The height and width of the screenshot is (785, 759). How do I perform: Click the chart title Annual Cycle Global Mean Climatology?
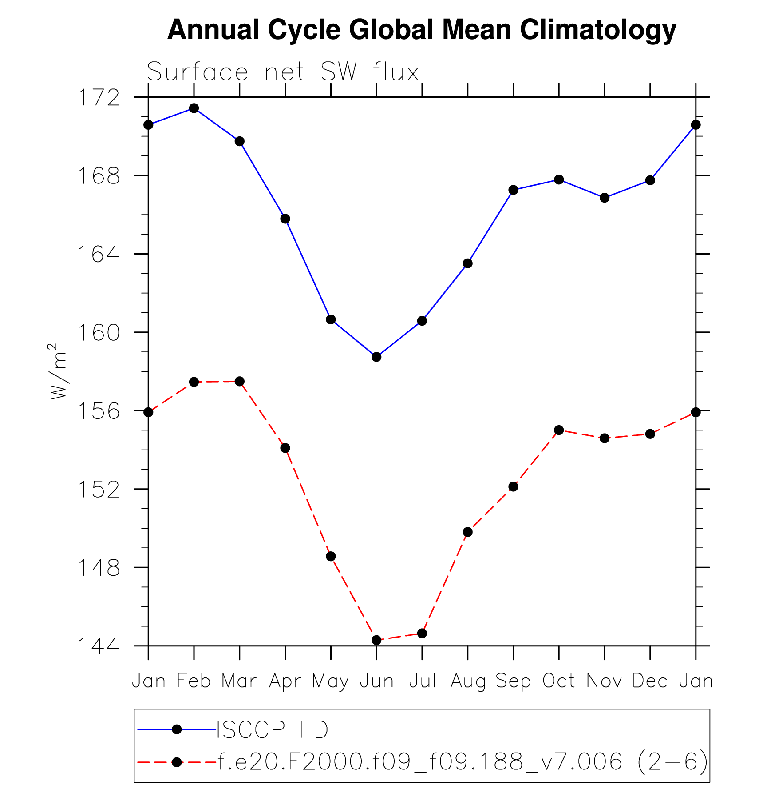tap(422, 30)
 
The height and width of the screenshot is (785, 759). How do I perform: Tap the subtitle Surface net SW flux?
tap(283, 72)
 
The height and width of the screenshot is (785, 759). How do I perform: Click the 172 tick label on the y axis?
tap(99, 98)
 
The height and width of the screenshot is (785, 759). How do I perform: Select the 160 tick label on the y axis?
tap(99, 333)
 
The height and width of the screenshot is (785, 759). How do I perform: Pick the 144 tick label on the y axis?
tap(99, 646)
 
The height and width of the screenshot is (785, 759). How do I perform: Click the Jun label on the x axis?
tap(376, 681)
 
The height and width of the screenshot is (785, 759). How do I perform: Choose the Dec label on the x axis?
tap(650, 681)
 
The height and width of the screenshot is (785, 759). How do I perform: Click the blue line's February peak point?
tap(194, 108)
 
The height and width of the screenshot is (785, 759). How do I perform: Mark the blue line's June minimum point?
tap(376, 357)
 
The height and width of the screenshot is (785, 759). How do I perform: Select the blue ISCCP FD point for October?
tap(559, 179)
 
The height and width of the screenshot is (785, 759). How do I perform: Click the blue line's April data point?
tap(285, 219)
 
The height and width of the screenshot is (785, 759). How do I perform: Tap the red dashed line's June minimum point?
tap(376, 640)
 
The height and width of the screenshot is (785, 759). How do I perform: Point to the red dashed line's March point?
tap(240, 381)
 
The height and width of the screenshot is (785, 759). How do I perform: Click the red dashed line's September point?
tap(513, 486)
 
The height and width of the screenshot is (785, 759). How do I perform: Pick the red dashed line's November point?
tap(605, 438)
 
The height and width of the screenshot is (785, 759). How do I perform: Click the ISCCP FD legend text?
tap(272, 730)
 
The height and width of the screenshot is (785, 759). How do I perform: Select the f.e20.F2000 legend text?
tap(462, 762)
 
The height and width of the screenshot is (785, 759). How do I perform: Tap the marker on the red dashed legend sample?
tap(177, 762)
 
